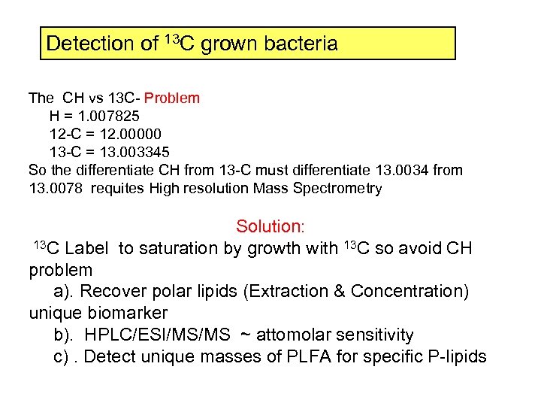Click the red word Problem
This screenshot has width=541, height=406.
pyautogui.click(x=172, y=98)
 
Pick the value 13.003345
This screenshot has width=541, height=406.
pyautogui.click(x=120, y=153)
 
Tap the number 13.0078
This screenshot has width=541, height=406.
pyautogui.click(x=54, y=189)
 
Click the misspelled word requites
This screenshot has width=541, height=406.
pyautogui.click(x=116, y=189)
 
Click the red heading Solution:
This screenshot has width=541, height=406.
pyautogui.click(x=270, y=226)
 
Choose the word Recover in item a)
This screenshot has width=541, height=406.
pyautogui.click(x=112, y=291)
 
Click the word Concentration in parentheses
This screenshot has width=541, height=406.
pyautogui.click(x=397, y=291)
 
